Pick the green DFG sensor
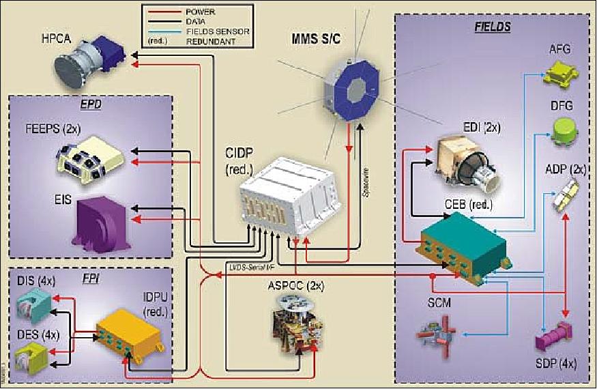coord(564,130)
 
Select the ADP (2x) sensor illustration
coord(563,199)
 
